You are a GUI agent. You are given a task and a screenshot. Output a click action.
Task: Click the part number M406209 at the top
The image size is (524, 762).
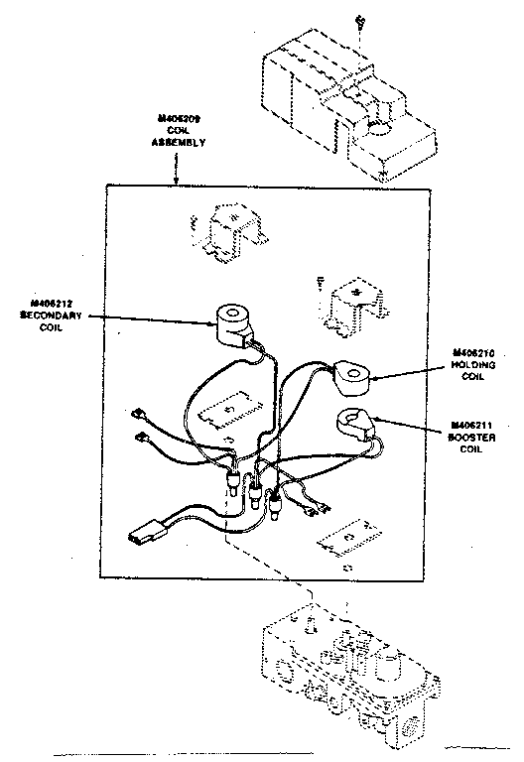click(x=179, y=118)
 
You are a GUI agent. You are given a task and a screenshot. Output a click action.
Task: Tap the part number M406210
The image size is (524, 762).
click(x=472, y=352)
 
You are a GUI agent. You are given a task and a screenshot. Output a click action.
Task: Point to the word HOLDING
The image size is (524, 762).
click(x=472, y=364)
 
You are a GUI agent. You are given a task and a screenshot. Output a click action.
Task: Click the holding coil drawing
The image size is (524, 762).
click(x=352, y=375)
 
